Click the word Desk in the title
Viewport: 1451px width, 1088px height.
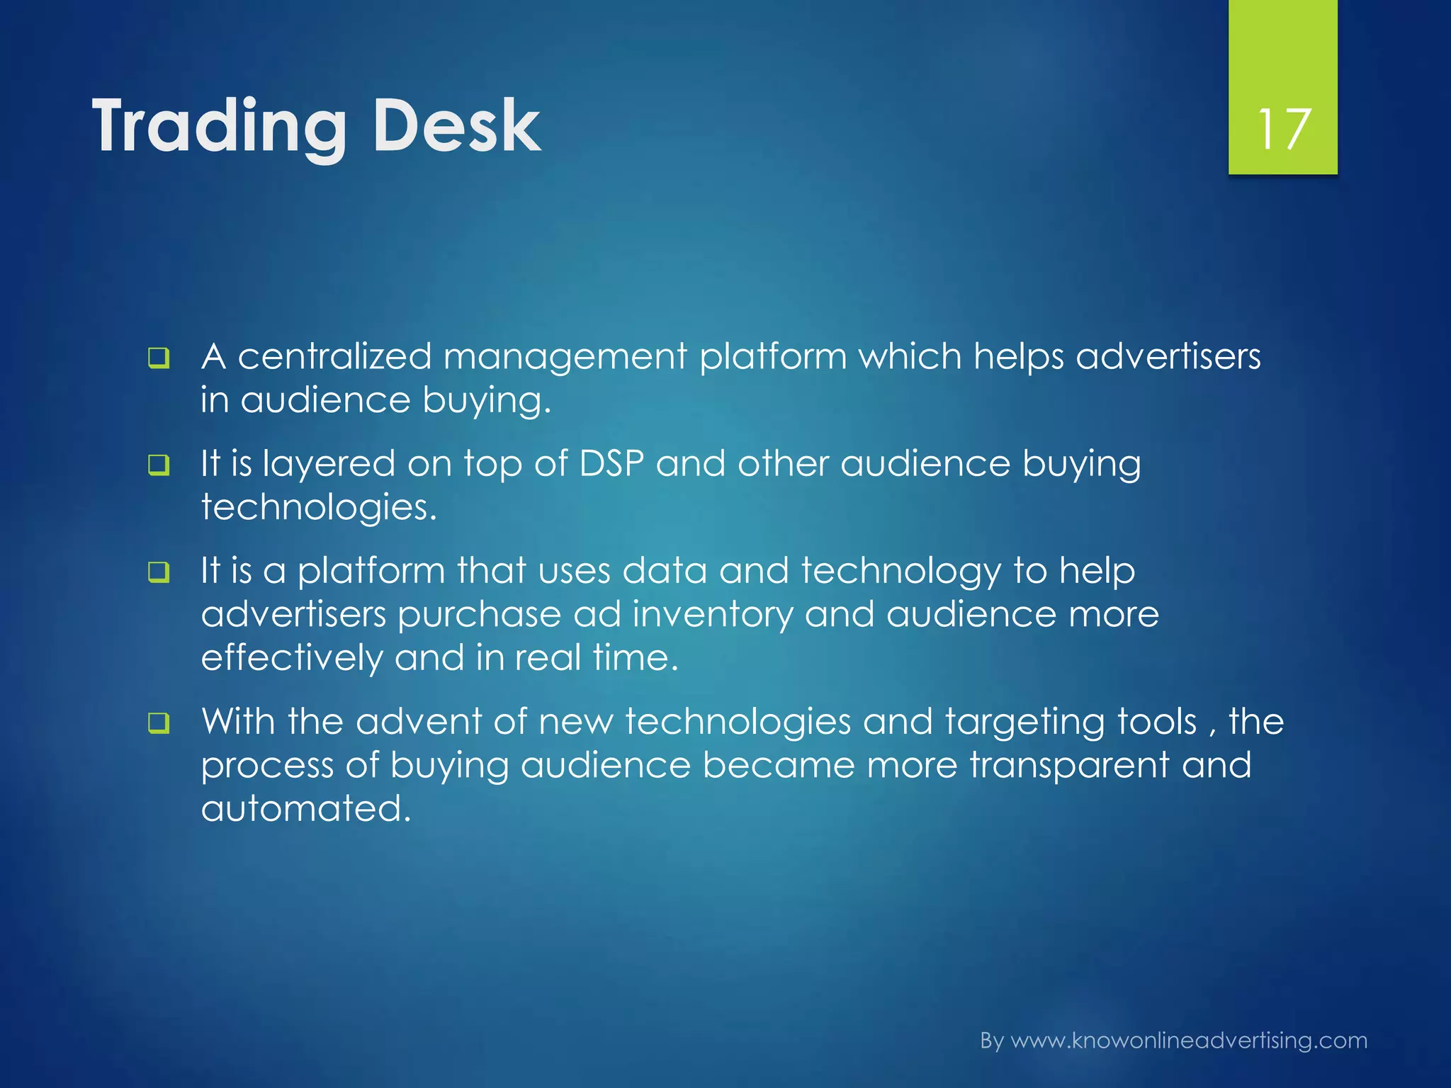click(x=456, y=126)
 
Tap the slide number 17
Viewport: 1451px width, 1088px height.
click(x=1283, y=130)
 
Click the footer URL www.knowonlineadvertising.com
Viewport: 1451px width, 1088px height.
click(x=1188, y=1041)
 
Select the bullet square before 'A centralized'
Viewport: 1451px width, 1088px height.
click(x=159, y=358)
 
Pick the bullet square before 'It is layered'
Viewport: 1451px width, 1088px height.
click(x=159, y=465)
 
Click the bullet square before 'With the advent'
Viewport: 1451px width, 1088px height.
click(x=159, y=723)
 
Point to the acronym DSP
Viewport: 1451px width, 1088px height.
click(x=611, y=464)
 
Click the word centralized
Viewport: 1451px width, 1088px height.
click(x=334, y=356)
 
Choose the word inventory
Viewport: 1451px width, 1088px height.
click(x=712, y=615)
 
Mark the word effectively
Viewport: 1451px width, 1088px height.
click(x=291, y=658)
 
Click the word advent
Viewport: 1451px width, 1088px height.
click(x=418, y=722)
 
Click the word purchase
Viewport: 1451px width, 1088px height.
click(x=480, y=615)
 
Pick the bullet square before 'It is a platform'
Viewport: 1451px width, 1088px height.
click(x=159, y=572)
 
